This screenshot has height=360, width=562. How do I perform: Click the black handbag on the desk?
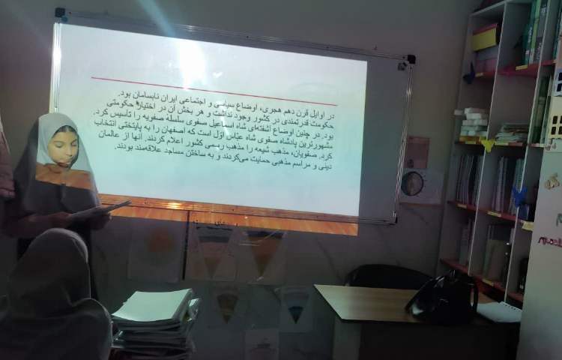442,295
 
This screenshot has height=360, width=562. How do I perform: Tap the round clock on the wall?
411,183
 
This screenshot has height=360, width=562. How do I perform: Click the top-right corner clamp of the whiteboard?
411,59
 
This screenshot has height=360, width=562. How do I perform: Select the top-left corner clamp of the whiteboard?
60,13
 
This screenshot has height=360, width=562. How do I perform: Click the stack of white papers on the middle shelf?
474,121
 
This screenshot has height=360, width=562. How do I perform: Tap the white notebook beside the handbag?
498,311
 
